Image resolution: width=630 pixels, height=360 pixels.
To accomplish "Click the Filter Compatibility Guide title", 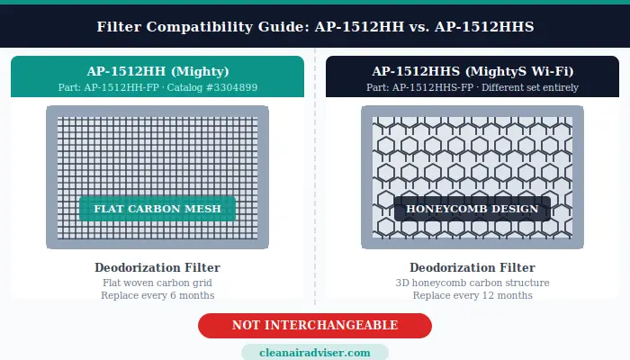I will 315,27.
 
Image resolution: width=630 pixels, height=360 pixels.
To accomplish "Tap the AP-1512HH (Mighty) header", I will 157,70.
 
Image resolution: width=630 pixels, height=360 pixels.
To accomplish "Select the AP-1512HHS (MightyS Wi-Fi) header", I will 472,70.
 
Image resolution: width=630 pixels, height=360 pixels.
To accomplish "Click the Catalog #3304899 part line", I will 157,87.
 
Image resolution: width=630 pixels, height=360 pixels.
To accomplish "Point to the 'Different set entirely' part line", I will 472,87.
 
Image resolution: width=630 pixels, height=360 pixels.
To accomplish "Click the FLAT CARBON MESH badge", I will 157,209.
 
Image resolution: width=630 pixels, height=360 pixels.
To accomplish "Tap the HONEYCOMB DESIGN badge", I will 472,209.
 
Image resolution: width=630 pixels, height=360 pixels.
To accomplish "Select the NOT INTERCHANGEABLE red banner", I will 315,325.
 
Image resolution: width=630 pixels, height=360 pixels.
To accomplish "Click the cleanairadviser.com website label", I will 315,353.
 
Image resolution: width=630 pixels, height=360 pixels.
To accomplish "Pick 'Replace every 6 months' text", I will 157,295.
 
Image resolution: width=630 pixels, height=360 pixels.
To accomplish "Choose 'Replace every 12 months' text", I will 472,295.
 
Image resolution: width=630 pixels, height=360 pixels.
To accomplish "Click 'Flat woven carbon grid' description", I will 157,283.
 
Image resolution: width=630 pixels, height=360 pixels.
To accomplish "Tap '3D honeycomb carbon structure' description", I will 472,283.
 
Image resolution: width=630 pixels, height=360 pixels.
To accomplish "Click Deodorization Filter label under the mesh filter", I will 157,267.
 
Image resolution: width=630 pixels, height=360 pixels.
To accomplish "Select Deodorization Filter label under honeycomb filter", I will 472,267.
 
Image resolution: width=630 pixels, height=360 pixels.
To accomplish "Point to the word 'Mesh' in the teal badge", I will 203,209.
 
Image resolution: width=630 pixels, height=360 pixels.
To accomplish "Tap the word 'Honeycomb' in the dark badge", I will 447,209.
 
